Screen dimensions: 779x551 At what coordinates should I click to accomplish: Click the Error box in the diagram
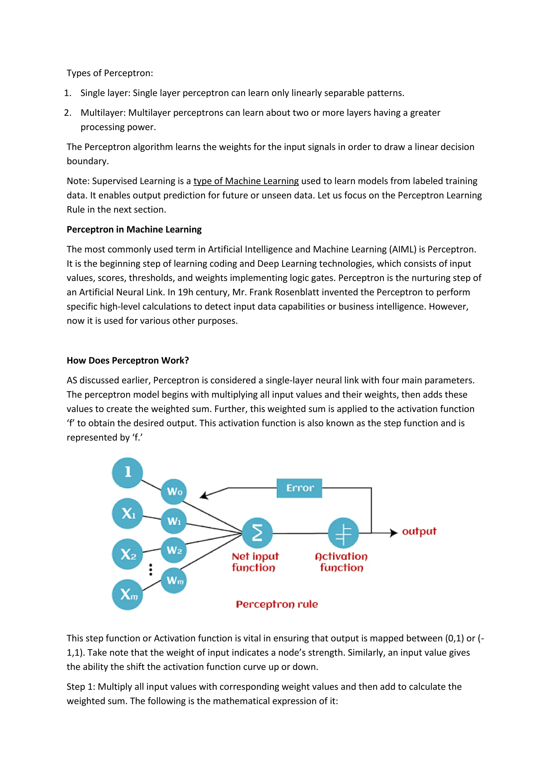click(x=299, y=488)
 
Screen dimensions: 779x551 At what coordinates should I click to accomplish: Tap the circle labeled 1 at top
click(x=127, y=473)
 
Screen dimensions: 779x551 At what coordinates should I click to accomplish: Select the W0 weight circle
click(x=174, y=492)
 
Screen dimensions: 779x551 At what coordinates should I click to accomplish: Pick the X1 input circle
click(x=127, y=513)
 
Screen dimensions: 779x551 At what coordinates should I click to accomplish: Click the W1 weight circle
click(x=174, y=521)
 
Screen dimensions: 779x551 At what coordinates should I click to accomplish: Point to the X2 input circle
click(x=127, y=554)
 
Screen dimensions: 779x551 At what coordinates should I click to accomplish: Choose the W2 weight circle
click(x=174, y=550)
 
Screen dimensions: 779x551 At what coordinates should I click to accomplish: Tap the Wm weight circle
click(x=174, y=580)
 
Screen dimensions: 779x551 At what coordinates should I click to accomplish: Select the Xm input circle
click(x=127, y=594)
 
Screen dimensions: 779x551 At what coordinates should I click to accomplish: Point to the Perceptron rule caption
click(x=277, y=604)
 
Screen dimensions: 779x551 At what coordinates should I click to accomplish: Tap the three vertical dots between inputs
click(x=151, y=570)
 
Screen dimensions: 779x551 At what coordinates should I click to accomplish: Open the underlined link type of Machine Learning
click(x=246, y=181)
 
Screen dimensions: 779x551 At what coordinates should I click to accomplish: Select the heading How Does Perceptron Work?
click(x=128, y=360)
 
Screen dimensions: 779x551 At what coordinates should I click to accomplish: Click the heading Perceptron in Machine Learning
click(x=134, y=230)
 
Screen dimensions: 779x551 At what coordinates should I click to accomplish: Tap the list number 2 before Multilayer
click(x=67, y=113)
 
